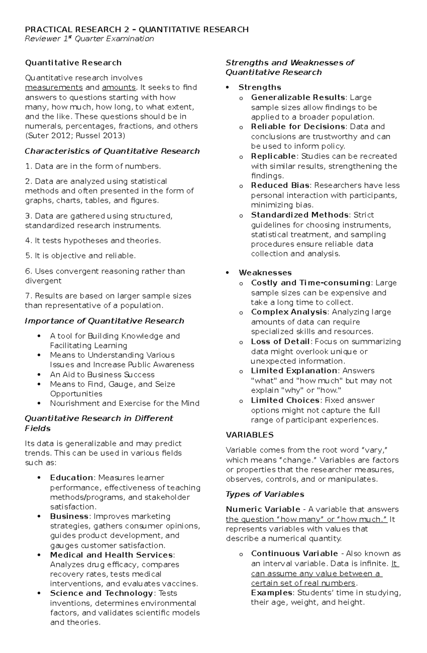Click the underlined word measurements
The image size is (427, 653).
click(54, 88)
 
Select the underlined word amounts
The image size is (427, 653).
click(118, 88)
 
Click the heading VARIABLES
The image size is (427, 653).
click(250, 435)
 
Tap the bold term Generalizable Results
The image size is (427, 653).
click(298, 98)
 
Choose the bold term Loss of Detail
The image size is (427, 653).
click(280, 342)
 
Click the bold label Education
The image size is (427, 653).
click(72, 478)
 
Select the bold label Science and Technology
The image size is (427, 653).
click(101, 593)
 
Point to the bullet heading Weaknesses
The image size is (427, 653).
click(265, 273)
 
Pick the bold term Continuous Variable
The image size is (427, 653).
click(294, 554)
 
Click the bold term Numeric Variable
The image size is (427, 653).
click(263, 510)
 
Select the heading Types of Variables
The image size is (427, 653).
click(265, 494)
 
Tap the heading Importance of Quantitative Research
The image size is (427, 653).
click(104, 321)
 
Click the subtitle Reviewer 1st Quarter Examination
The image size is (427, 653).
click(89, 39)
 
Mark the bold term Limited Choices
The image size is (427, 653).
click(285, 400)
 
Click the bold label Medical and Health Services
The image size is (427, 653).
click(111, 555)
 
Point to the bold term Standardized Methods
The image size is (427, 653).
click(300, 215)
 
